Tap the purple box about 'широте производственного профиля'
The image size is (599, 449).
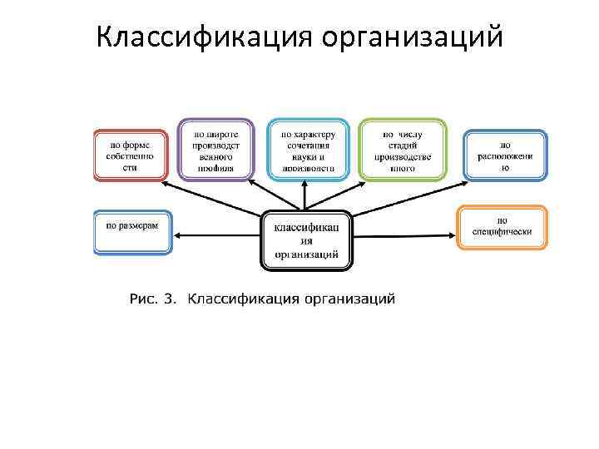[215, 150]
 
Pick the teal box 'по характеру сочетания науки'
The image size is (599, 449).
[308, 150]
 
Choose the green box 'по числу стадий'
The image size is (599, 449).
[403, 150]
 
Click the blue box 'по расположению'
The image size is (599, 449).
[505, 155]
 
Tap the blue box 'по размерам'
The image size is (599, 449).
[132, 231]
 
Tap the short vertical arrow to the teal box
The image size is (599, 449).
[304, 196]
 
